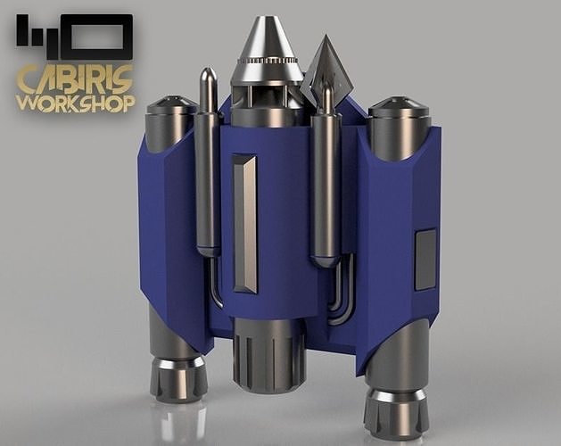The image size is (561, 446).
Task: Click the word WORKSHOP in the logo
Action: (x=75, y=102)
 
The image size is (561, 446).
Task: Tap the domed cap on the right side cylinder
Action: (x=398, y=107)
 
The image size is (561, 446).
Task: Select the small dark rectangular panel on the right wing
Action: (x=425, y=259)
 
